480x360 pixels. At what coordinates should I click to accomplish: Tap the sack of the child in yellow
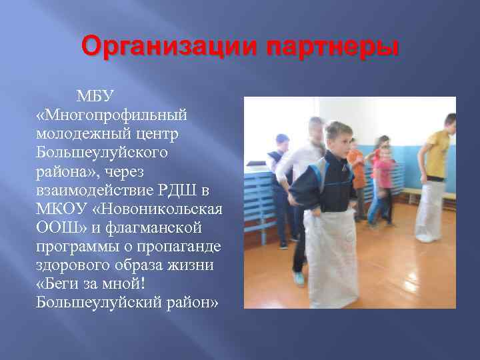[429, 210]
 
